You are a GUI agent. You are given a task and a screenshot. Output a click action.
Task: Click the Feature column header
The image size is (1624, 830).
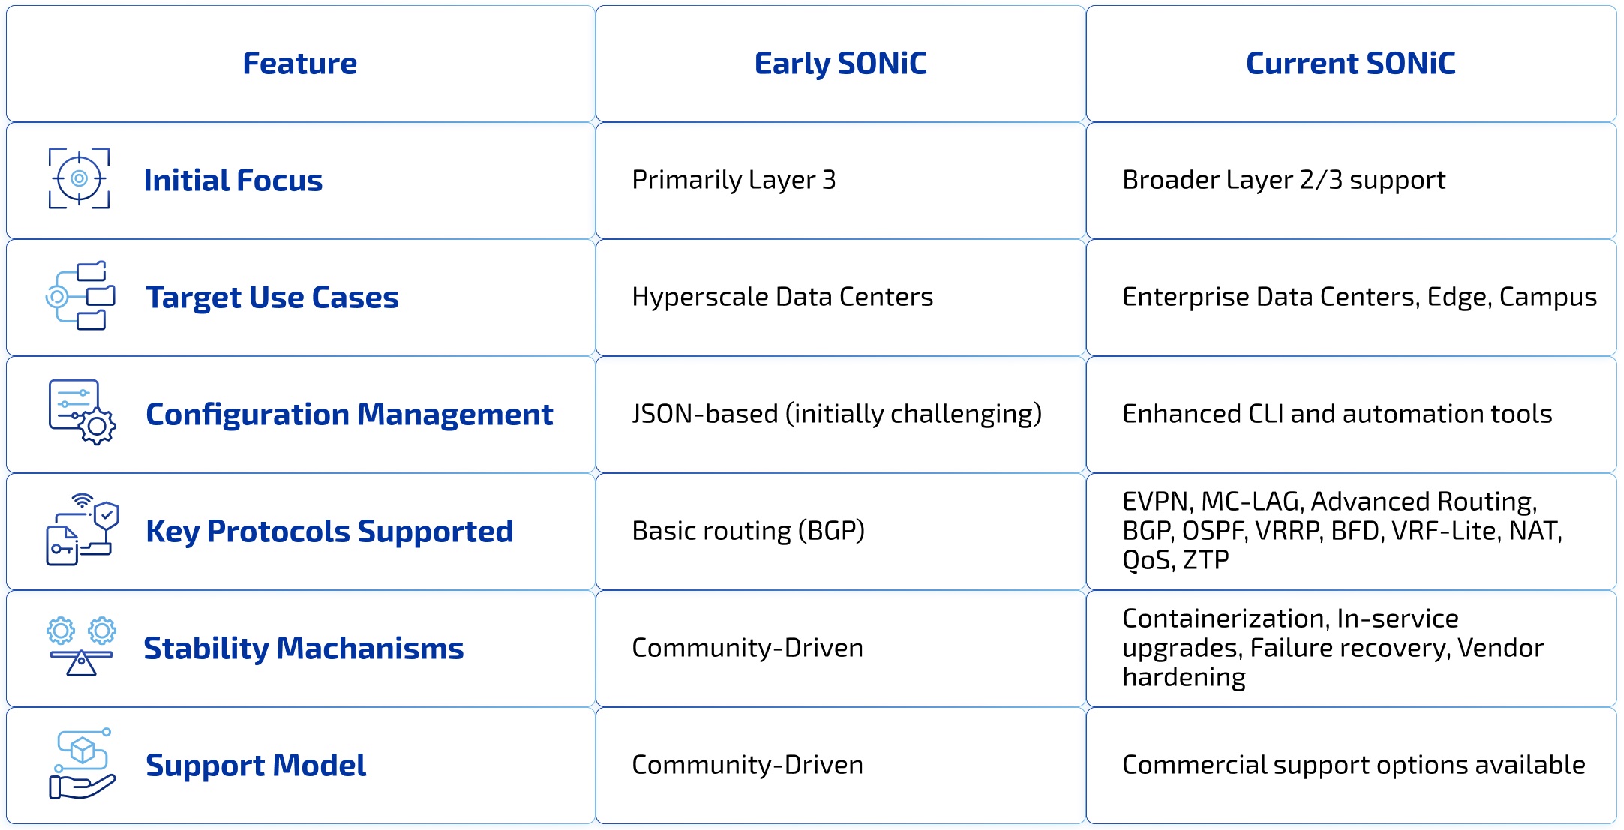pos(300,64)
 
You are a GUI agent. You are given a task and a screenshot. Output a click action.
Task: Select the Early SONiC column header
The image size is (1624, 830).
pos(840,64)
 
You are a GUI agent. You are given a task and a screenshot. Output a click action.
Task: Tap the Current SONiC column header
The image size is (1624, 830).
pos(1351,64)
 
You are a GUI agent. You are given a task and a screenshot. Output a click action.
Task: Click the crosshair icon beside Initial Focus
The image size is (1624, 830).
pos(79,178)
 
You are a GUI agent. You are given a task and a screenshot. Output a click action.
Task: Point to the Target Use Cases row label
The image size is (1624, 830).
pos(272,298)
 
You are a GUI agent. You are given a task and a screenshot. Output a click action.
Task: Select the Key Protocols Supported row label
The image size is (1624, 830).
pos(329,532)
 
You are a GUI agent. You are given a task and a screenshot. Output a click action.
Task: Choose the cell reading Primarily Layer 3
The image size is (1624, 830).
pos(734,180)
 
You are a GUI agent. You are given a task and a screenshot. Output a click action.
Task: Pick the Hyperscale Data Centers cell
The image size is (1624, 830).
pos(782,297)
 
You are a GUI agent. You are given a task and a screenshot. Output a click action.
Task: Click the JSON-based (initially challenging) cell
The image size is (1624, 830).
pos(837,414)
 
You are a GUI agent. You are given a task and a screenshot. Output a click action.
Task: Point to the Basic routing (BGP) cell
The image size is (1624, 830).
pos(749,531)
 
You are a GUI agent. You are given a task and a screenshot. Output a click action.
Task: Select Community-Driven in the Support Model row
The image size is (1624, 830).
pos(747,765)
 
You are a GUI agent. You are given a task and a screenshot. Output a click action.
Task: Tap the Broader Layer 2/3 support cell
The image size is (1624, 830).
pos(1284,180)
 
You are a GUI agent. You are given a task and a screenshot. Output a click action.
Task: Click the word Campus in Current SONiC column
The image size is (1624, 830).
pos(1548,298)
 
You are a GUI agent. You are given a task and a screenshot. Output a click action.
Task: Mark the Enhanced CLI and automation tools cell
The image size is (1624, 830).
pos(1337,414)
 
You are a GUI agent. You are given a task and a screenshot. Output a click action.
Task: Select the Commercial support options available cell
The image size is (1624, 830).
pos(1354,765)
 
